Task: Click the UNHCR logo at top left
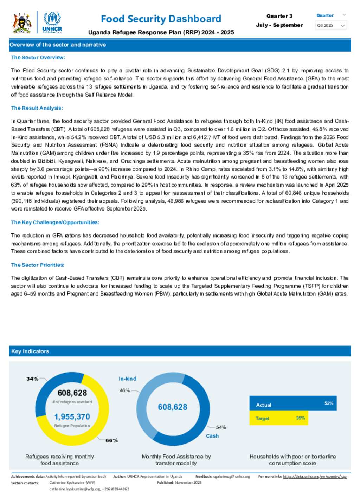(x=52, y=22)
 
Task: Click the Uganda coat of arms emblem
(x=22, y=23)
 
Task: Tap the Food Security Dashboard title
(x=161, y=19)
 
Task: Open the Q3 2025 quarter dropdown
(x=331, y=25)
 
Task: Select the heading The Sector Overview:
(x=38, y=57)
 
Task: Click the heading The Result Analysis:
(x=37, y=108)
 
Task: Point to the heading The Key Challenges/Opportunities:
(x=55, y=222)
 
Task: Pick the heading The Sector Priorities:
(x=38, y=265)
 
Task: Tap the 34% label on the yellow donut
(x=32, y=379)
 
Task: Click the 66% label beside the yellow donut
(x=112, y=440)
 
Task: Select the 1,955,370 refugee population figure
(x=72, y=417)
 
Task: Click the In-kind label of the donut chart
(x=127, y=379)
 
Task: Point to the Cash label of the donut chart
(x=212, y=436)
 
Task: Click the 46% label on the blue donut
(x=125, y=390)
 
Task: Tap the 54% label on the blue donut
(x=221, y=427)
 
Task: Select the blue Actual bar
(x=293, y=403)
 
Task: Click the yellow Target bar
(x=278, y=418)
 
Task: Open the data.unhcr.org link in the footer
(x=315, y=477)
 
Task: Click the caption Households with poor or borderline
(x=292, y=457)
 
